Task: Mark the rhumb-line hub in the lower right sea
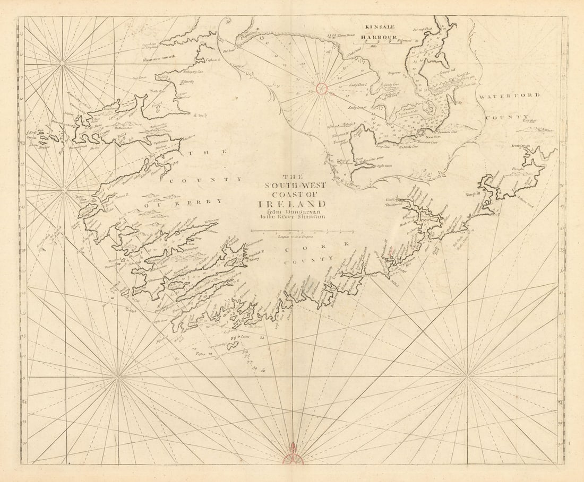(x=468, y=377)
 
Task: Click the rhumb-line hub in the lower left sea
(x=117, y=377)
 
